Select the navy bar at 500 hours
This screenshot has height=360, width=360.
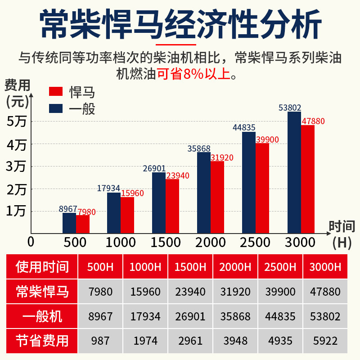point(69,223)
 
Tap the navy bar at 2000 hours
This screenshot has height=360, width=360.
point(204,192)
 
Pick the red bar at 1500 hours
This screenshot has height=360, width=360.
point(172,206)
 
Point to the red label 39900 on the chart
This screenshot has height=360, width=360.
point(267,139)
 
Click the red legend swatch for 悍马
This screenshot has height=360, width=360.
point(55,91)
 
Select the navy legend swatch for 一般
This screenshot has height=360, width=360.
point(55,108)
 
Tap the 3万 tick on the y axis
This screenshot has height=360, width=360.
point(17,166)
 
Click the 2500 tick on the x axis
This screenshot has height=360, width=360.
point(255,243)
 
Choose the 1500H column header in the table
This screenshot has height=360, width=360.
point(190,267)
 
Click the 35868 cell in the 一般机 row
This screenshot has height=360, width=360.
point(235,316)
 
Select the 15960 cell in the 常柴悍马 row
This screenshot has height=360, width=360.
point(145,292)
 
